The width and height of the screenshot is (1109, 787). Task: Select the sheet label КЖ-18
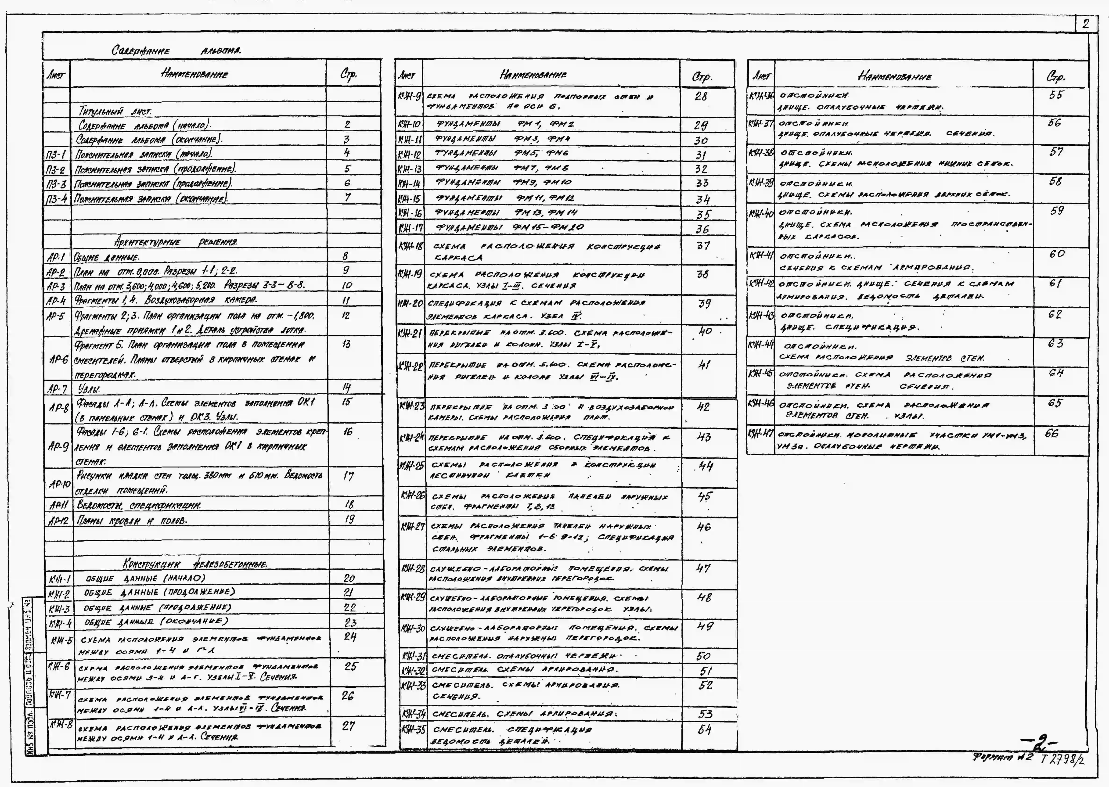(x=410, y=247)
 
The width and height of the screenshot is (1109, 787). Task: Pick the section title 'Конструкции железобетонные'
(x=195, y=564)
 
